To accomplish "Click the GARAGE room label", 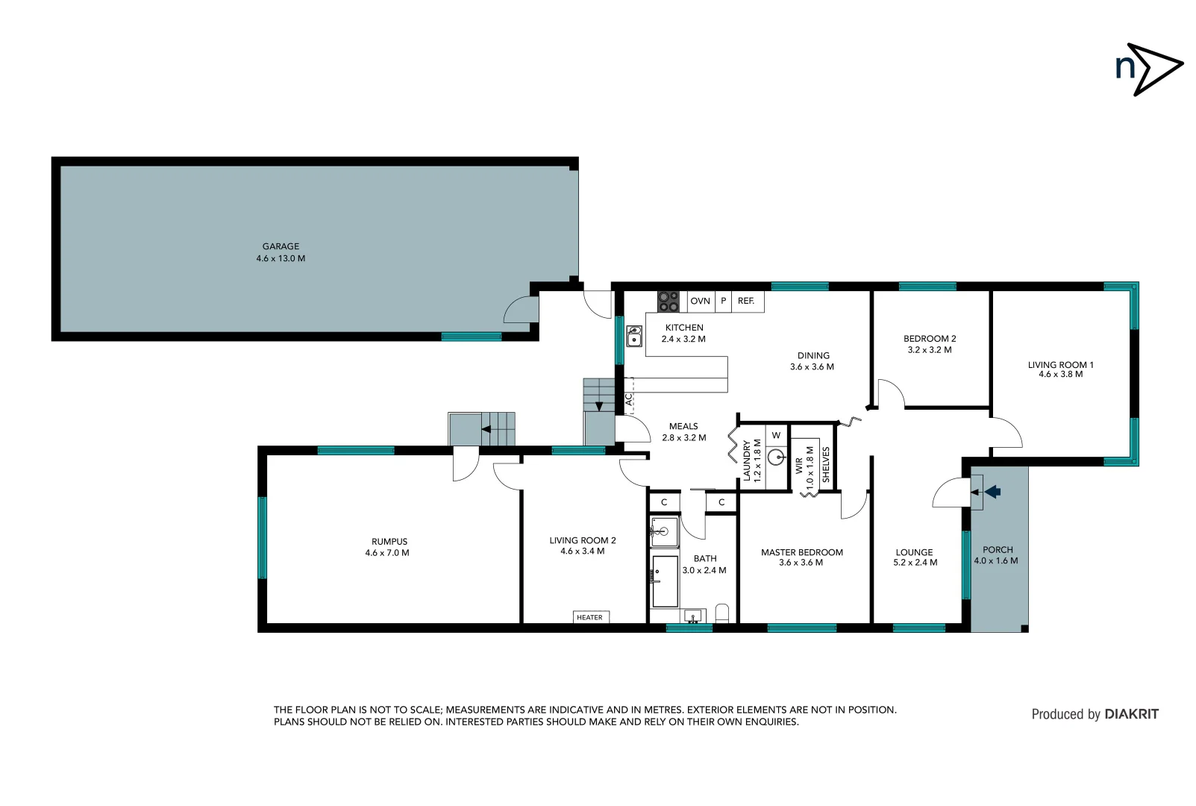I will pyautogui.click(x=281, y=246).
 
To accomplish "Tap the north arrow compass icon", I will pyautogui.click(x=1148, y=69).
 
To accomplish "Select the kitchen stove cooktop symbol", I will pyautogui.click(x=668, y=302).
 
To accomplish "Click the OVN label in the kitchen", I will pyautogui.click(x=700, y=302).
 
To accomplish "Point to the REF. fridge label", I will pyautogui.click(x=746, y=302).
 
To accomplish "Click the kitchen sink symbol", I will pyautogui.click(x=633, y=337).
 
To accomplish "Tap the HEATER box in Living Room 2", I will pyautogui.click(x=590, y=617).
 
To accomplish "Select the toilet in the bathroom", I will pyautogui.click(x=721, y=613).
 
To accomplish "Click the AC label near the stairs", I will pyautogui.click(x=629, y=400).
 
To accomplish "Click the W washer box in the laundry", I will pyautogui.click(x=776, y=435).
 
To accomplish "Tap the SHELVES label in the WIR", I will pyautogui.click(x=826, y=464).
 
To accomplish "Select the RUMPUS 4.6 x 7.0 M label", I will pyautogui.click(x=388, y=547).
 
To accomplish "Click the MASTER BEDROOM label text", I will pyautogui.click(x=801, y=552).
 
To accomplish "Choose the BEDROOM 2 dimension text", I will pyautogui.click(x=929, y=350).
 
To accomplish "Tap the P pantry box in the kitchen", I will pyautogui.click(x=723, y=302).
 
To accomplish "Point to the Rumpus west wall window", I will pyautogui.click(x=262, y=537).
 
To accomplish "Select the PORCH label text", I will pyautogui.click(x=998, y=550).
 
